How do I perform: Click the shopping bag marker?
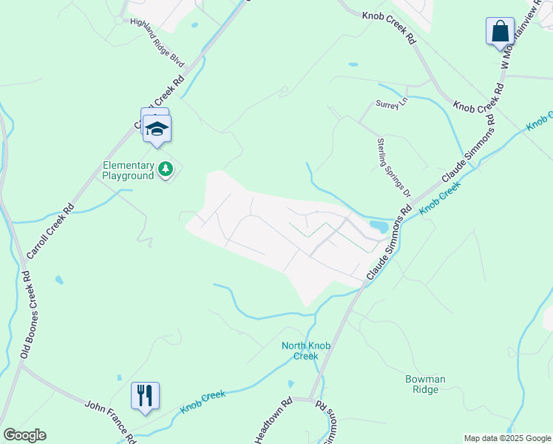(x=500, y=32)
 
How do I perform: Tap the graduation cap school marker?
(x=157, y=128)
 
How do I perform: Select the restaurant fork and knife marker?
(x=144, y=395)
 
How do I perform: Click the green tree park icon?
(x=166, y=171)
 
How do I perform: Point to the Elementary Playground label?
(x=128, y=171)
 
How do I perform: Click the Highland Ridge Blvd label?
(x=157, y=33)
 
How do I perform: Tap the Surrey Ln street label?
(x=391, y=104)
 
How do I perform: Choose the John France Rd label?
(x=110, y=417)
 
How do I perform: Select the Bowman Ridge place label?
(x=425, y=384)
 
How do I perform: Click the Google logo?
(x=24, y=435)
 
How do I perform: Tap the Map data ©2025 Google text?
(x=506, y=438)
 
